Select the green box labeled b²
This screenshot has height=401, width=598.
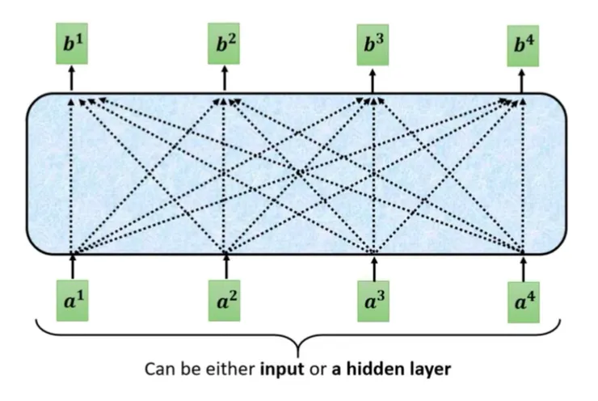point(224,43)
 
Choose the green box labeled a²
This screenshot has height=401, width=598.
point(225,301)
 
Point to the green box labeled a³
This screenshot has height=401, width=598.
point(374,302)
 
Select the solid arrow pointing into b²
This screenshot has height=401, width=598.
point(224,78)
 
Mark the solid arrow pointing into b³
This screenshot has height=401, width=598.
point(373,80)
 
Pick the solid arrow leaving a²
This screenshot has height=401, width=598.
point(225,266)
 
